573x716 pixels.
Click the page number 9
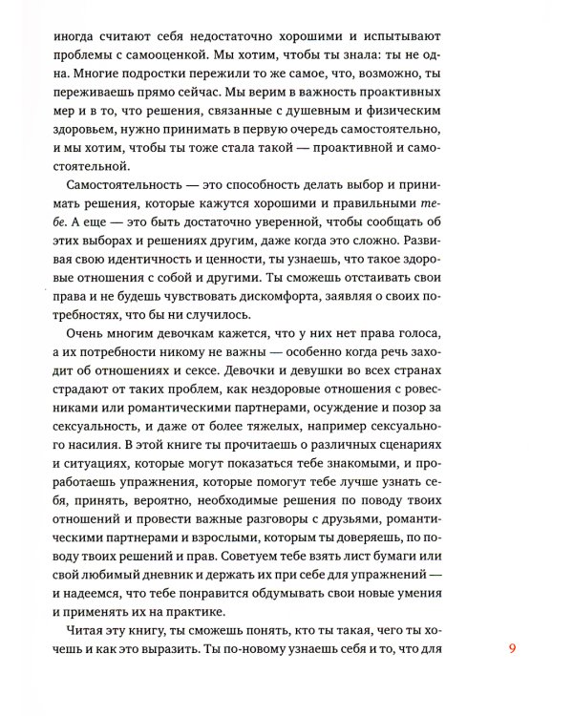click(512, 650)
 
